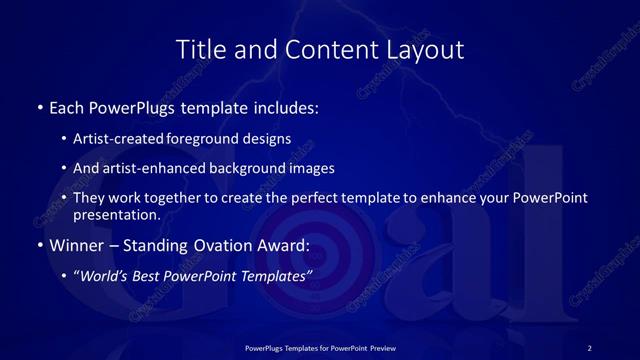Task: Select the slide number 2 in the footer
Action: click(589, 348)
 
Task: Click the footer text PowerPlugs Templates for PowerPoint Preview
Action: click(320, 348)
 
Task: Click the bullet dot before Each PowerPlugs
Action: click(39, 106)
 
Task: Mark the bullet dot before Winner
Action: click(39, 245)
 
